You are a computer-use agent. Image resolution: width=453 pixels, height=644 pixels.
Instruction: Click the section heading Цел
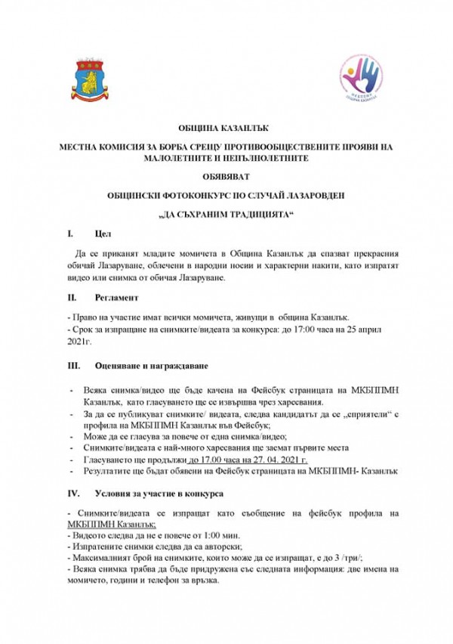coord(104,235)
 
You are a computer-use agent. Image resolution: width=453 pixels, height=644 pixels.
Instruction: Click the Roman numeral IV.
coord(73,494)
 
